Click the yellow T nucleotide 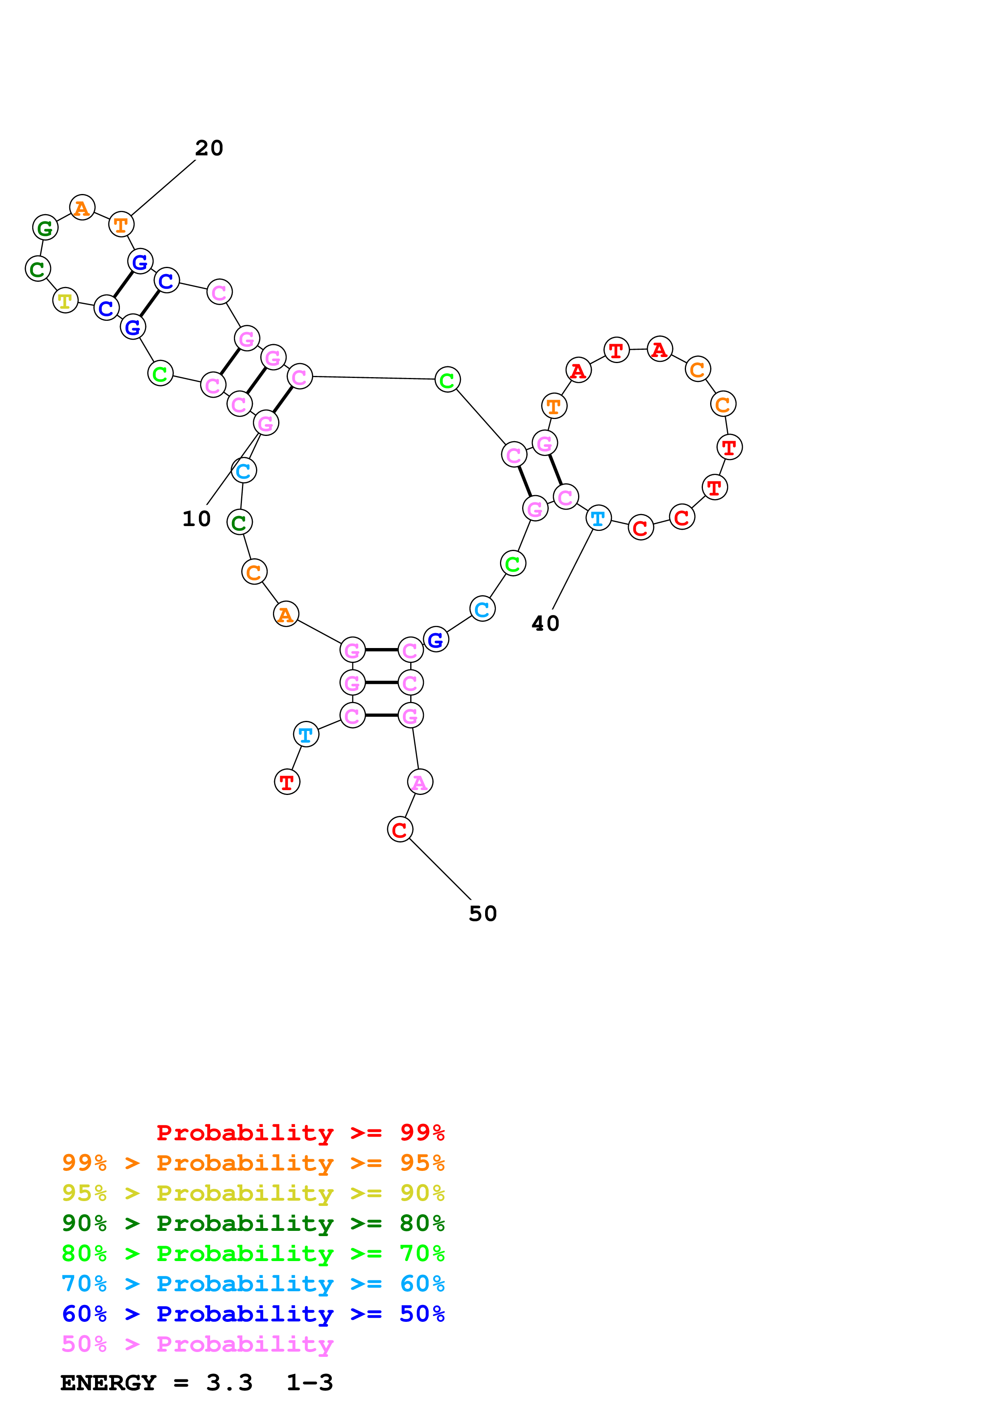coord(65,301)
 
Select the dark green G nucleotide coord(45,227)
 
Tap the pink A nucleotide coord(420,782)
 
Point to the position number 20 coord(209,148)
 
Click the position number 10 coord(196,519)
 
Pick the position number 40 coord(545,623)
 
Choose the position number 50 coord(483,914)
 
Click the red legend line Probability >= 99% coord(301,1133)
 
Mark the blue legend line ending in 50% coord(253,1314)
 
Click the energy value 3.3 coord(229,1383)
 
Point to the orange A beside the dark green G coord(82,208)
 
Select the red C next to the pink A coord(400,830)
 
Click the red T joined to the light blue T coord(287,782)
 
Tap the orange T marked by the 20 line coord(121,225)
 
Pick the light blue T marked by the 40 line coord(598,518)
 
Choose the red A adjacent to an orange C coord(660,349)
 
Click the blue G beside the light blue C coord(436,640)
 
